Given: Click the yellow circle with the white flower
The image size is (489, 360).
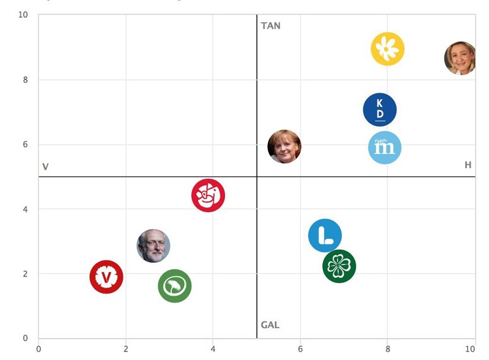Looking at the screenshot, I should pos(388,49).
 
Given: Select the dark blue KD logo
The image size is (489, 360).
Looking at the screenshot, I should pos(380,110).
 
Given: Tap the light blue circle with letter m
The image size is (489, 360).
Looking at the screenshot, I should pos(384,147).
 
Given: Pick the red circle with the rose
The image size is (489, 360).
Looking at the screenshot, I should pos(208,196).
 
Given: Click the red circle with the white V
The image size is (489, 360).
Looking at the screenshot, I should pos(106,277).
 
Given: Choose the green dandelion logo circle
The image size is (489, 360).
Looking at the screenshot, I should pos(174,286).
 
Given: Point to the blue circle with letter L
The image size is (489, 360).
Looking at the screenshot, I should pos(325,235).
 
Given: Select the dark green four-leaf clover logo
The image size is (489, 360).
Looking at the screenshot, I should pos(339,266).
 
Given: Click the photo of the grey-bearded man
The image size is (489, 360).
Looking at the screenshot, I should pos(153,246).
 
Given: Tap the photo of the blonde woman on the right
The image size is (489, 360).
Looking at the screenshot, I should pos(460,58).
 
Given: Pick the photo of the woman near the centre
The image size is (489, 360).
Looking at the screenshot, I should pos(284,147).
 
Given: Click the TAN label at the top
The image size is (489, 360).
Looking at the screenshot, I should pos(271,26).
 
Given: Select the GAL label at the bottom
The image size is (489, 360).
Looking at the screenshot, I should pos(270,325).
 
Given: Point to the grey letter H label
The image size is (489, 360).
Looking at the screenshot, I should pos(468,165).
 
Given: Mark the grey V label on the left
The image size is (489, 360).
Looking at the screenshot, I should pos(45,167).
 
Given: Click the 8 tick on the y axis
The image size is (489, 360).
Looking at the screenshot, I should pos(26,79).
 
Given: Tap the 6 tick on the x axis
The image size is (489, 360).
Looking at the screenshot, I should pos(300,349).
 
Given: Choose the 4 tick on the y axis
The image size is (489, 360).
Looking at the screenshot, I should pos(26,209).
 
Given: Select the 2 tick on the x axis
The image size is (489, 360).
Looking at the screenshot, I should pos(126,349).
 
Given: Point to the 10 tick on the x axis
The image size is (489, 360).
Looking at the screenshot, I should pos(470,349).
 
